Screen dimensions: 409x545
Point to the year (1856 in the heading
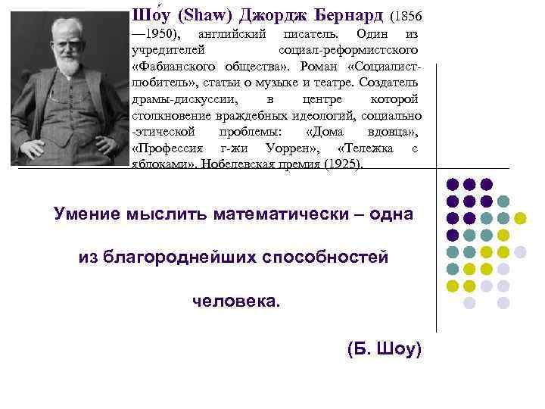pyautogui.click(x=407, y=16)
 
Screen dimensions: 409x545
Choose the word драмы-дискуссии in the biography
pyautogui.click(x=181, y=100)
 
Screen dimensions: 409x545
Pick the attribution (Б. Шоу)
pyautogui.click(x=384, y=349)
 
